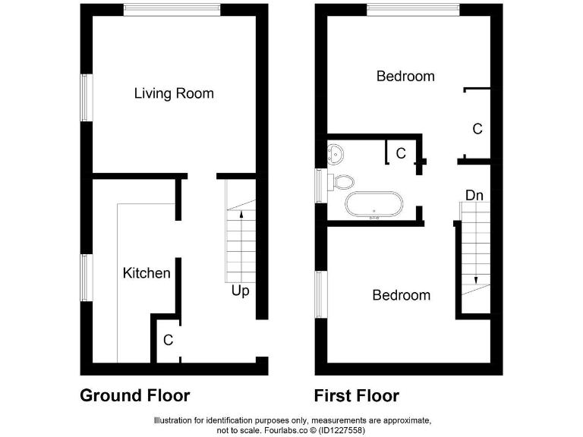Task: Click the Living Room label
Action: pyautogui.click(x=174, y=93)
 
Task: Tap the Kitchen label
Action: pyautogui.click(x=147, y=272)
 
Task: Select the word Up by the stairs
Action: pyautogui.click(x=241, y=291)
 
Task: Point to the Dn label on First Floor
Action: pyautogui.click(x=474, y=196)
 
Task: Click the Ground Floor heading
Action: pyautogui.click(x=135, y=395)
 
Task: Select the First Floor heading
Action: pyautogui.click(x=357, y=395)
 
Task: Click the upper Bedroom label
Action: pyautogui.click(x=405, y=76)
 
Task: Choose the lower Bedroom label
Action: pyautogui.click(x=401, y=295)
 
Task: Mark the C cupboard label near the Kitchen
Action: pyautogui.click(x=168, y=341)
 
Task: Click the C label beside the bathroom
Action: pyautogui.click(x=401, y=153)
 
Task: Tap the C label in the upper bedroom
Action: pyautogui.click(x=477, y=129)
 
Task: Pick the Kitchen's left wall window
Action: pyautogui.click(x=87, y=277)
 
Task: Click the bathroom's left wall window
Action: pyautogui.click(x=320, y=185)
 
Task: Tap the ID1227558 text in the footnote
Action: pyautogui.click(x=343, y=430)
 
